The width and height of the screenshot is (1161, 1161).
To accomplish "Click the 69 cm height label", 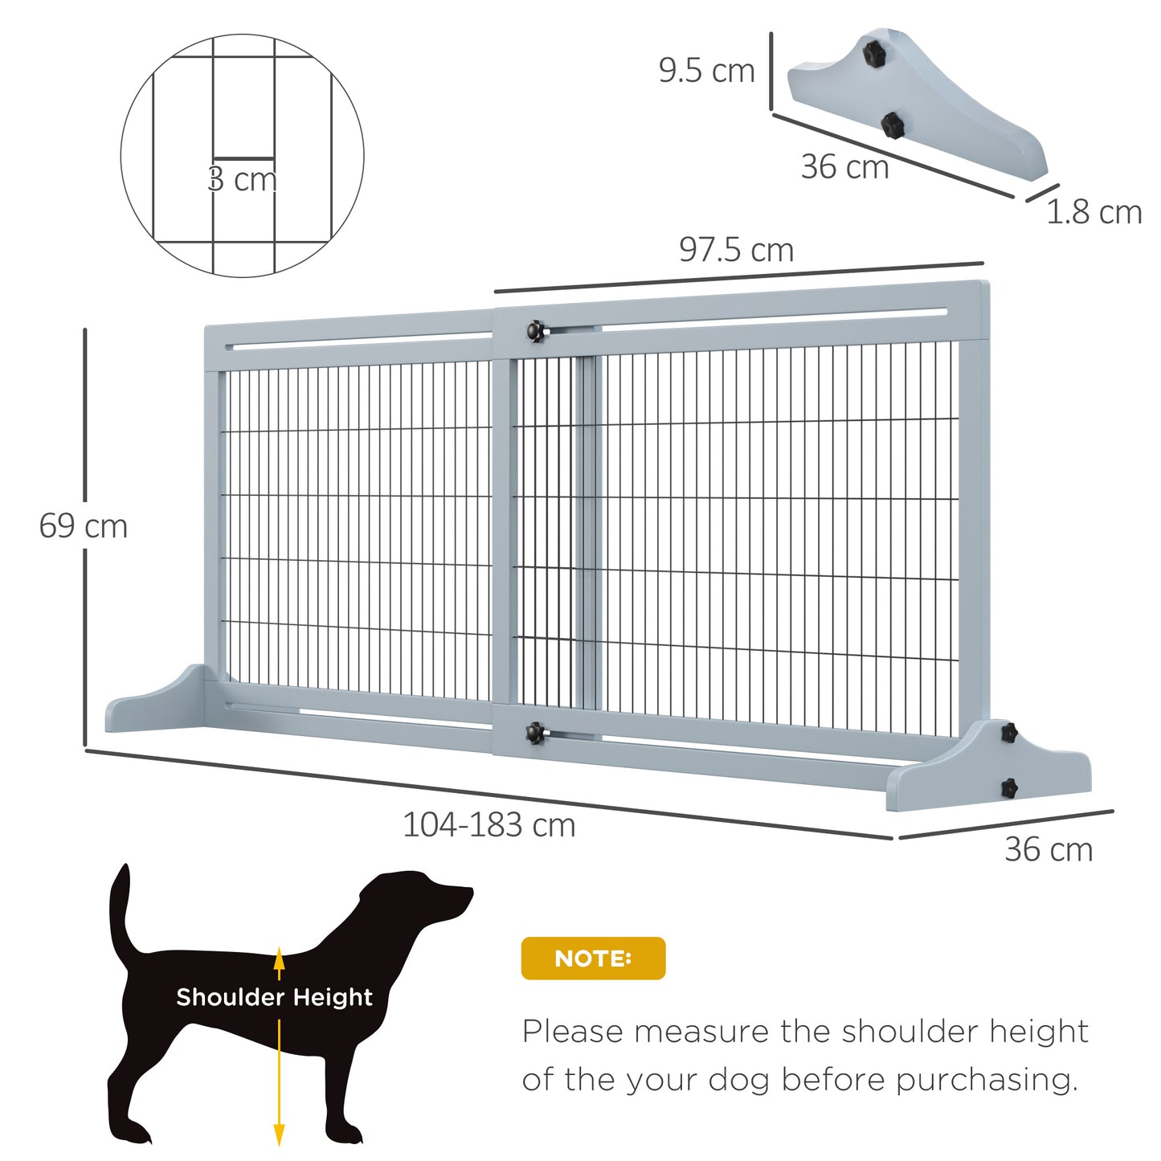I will click(84, 526).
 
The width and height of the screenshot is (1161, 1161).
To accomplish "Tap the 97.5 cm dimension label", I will click(736, 250).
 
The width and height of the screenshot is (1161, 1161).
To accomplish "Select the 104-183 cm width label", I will click(489, 825).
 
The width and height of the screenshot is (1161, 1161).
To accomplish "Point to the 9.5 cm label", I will click(706, 71).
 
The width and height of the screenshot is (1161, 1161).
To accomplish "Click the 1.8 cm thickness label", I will click(1094, 212).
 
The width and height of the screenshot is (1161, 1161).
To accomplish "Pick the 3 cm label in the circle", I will click(242, 179).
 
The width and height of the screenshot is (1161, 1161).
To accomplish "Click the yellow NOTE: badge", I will click(593, 958).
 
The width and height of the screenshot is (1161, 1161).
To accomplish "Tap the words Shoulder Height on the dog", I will click(274, 997).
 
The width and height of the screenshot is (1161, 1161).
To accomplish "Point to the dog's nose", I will click(468, 891).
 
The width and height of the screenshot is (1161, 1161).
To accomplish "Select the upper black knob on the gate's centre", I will click(535, 330).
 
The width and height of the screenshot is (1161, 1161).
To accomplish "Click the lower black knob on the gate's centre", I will click(534, 732).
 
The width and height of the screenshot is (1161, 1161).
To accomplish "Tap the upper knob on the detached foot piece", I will click(873, 53).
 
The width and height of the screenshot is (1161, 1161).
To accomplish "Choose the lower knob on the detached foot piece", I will click(891, 125).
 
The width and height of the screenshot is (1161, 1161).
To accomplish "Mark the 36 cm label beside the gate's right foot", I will click(1049, 849).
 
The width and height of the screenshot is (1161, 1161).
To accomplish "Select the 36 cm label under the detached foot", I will click(844, 167).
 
